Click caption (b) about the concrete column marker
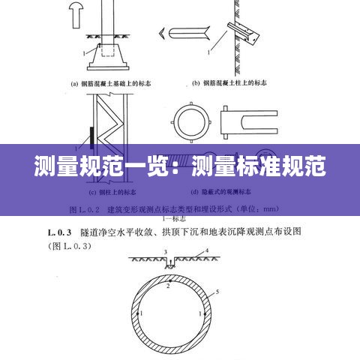pos(238,84)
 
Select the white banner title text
pos(180,166)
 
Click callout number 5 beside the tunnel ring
pos(217,290)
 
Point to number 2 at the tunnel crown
pos(169,286)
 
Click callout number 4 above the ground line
pos(206,250)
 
